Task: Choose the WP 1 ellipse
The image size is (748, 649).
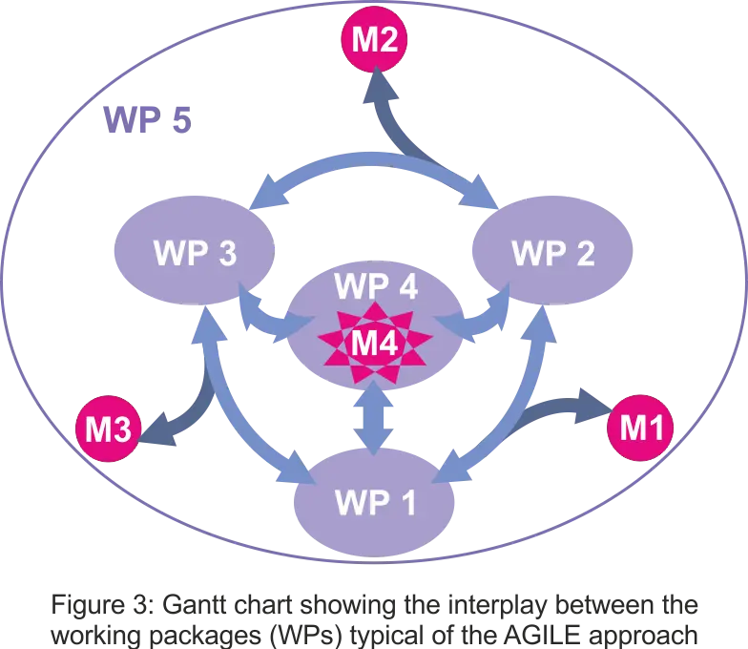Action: (x=374, y=503)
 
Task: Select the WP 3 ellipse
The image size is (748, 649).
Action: (x=195, y=255)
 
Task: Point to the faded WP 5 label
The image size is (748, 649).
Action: (x=149, y=120)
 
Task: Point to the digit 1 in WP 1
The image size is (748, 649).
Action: (x=406, y=503)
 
